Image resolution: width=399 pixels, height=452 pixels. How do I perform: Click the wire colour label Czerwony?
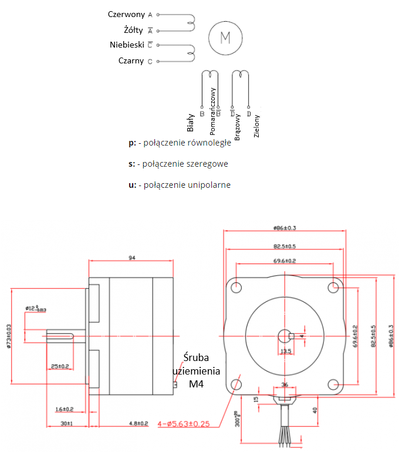[126, 14]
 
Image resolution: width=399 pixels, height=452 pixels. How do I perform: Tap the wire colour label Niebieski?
[127, 45]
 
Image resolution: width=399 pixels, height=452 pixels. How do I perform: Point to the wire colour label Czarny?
[131, 61]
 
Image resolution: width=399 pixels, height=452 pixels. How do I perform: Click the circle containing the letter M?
[225, 38]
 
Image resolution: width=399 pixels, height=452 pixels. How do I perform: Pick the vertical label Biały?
[190, 123]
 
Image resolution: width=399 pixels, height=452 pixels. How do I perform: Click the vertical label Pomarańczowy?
[213, 112]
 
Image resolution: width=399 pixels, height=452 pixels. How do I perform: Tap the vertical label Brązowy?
[238, 125]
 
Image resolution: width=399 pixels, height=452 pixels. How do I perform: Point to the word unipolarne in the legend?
[205, 185]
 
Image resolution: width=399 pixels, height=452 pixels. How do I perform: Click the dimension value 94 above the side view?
[132, 257]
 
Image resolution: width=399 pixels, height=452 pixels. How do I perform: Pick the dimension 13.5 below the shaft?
[286, 351]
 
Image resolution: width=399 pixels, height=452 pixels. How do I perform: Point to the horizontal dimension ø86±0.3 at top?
[285, 228]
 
